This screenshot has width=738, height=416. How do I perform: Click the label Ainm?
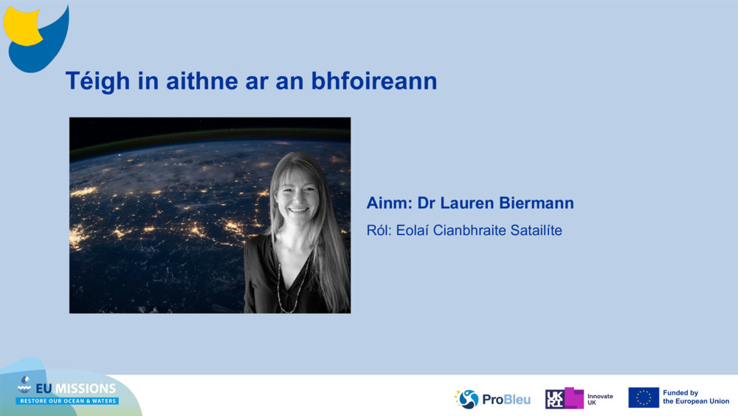[x=389, y=203]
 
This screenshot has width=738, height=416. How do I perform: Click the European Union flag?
[x=644, y=398]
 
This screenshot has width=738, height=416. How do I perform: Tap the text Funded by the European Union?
[x=695, y=398]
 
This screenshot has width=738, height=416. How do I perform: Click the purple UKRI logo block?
[x=565, y=398]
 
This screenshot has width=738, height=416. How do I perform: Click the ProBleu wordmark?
[x=506, y=400]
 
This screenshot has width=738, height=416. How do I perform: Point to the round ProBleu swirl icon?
[x=468, y=399]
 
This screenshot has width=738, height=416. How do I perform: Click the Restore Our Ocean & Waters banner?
[x=67, y=401]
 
